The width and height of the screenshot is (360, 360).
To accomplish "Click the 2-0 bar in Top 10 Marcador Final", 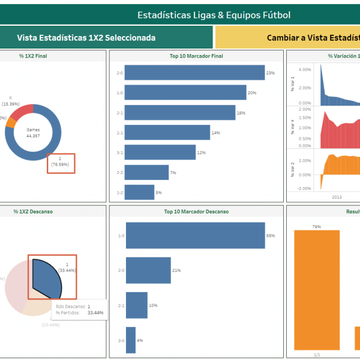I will click(194, 73).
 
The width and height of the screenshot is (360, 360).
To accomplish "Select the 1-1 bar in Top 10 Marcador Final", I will click(167, 133).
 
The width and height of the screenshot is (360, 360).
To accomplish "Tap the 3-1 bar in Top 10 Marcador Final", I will click(160, 152).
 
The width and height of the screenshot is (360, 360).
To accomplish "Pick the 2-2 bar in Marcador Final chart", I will click(146, 173).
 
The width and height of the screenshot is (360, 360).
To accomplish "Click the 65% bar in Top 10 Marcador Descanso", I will click(195, 236).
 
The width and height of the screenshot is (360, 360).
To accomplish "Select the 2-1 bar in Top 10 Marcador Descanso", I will click(136, 305).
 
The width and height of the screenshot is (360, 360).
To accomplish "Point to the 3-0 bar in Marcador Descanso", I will click(130, 340).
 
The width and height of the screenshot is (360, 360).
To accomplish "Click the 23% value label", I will click(271, 73).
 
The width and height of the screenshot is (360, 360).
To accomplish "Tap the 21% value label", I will click(176, 271).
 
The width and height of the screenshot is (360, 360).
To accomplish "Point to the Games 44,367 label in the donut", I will click(32, 133).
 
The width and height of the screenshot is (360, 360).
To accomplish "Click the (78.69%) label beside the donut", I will click(61, 164).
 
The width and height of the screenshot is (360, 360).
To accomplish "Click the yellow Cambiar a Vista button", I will click(287, 37).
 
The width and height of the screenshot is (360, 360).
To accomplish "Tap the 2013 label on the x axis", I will click(337, 196).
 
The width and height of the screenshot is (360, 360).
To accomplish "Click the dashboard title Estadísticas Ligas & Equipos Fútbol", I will click(214, 14).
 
